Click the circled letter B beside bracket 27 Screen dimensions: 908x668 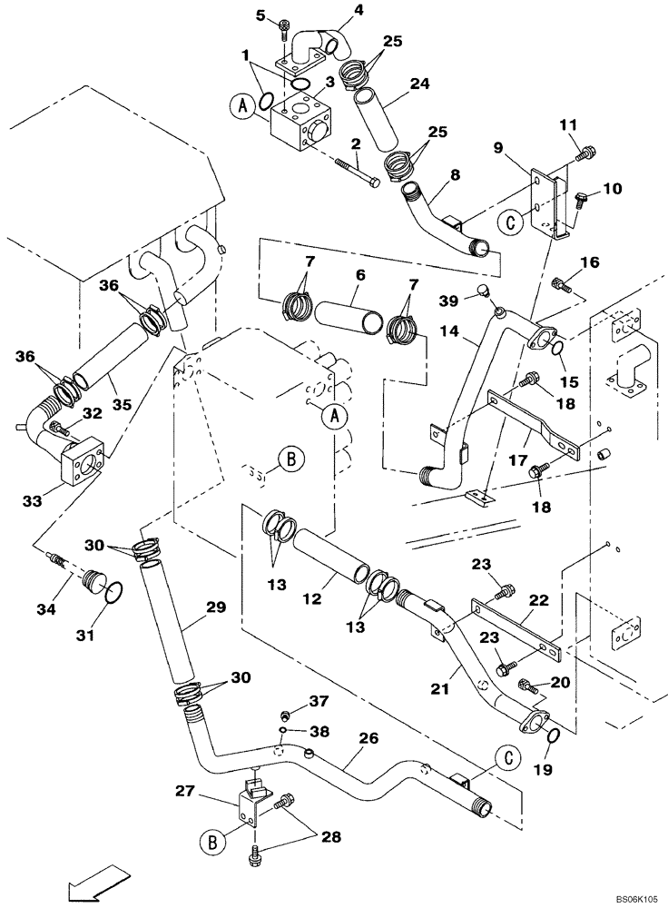(x=209, y=843)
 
